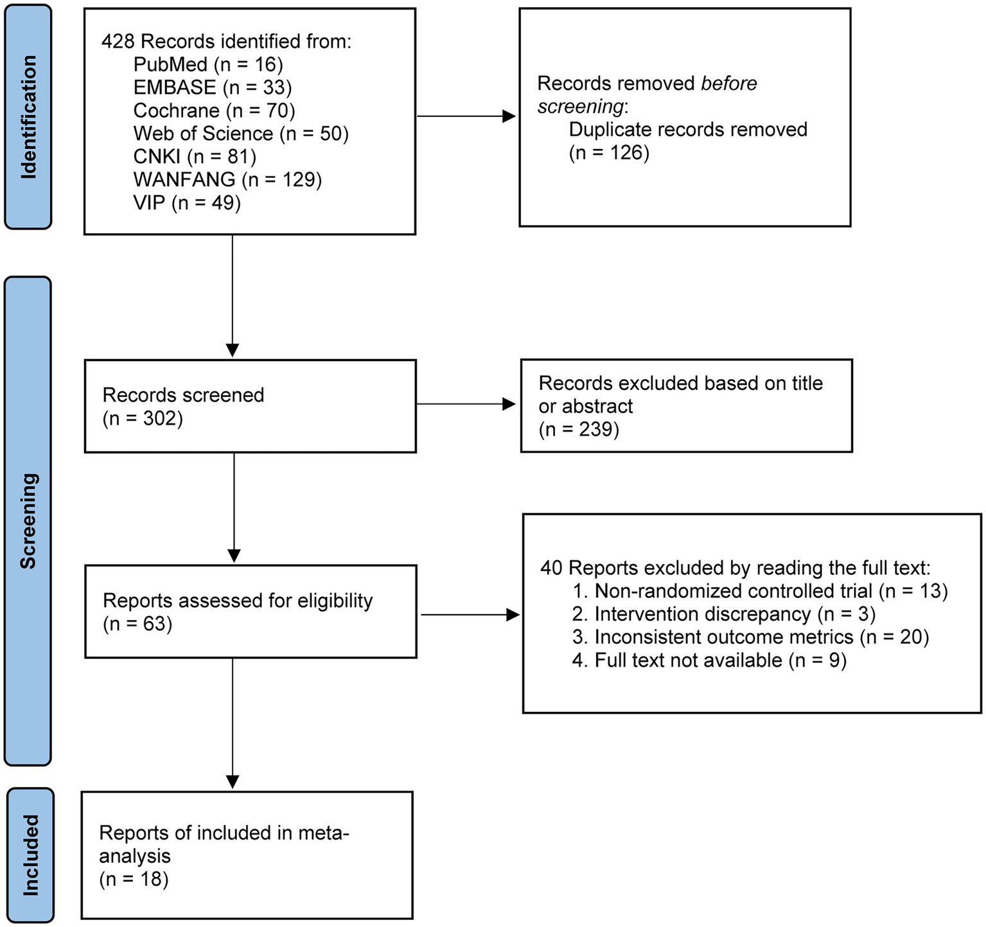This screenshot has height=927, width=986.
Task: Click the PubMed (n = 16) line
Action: [x=208, y=64]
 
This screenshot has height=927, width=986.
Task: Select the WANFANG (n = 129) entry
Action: [x=227, y=179]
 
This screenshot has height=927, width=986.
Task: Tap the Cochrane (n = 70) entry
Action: [x=214, y=110]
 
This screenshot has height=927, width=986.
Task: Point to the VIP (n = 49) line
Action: [x=187, y=202]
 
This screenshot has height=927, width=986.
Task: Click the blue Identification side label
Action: [x=28, y=117]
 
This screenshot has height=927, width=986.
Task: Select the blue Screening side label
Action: [x=28, y=521]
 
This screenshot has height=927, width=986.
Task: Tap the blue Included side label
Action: [x=30, y=855]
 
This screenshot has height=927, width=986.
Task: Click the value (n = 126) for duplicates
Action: [x=609, y=153]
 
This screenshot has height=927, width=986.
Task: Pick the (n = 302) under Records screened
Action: [x=143, y=419]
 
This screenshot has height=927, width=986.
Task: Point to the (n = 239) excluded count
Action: [x=579, y=429]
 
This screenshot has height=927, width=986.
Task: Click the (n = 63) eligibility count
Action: [x=137, y=624]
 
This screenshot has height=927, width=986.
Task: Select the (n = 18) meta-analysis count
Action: [x=134, y=879]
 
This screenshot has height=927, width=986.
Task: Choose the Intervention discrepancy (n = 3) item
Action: [x=723, y=614]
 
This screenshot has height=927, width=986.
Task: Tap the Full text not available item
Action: [x=709, y=660]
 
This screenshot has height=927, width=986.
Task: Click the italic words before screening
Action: [x=646, y=95]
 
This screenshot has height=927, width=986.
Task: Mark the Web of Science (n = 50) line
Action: [x=240, y=134]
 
